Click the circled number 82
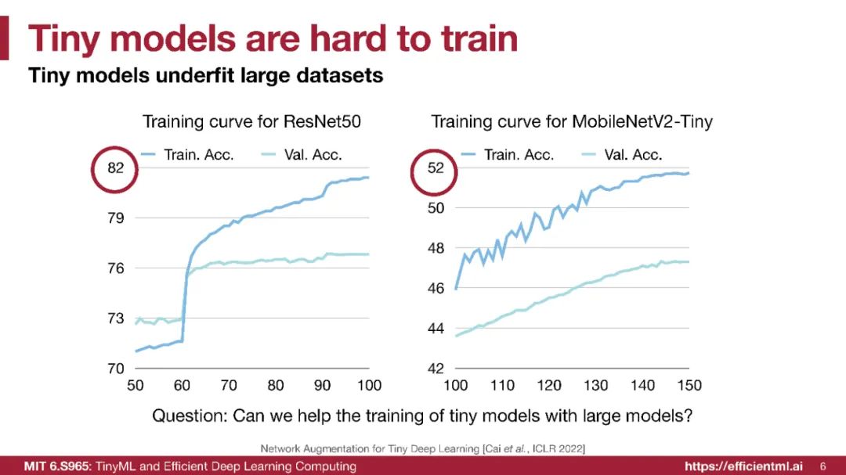coord(116,167)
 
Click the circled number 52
coord(436,167)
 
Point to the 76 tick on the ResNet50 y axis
coord(116,268)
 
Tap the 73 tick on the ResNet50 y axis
coord(116,318)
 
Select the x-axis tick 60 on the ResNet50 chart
coord(182,385)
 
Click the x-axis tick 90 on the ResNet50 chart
coord(322,385)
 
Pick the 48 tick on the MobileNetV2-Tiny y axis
coord(436,248)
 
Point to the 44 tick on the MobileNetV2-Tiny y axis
coord(436,328)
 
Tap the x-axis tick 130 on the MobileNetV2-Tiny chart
coord(596,385)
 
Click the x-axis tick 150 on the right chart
coord(689,385)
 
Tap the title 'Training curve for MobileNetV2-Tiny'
coord(572,122)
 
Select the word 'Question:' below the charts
coord(189,415)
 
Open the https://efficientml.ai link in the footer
coord(743,466)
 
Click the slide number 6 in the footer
coord(822,466)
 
